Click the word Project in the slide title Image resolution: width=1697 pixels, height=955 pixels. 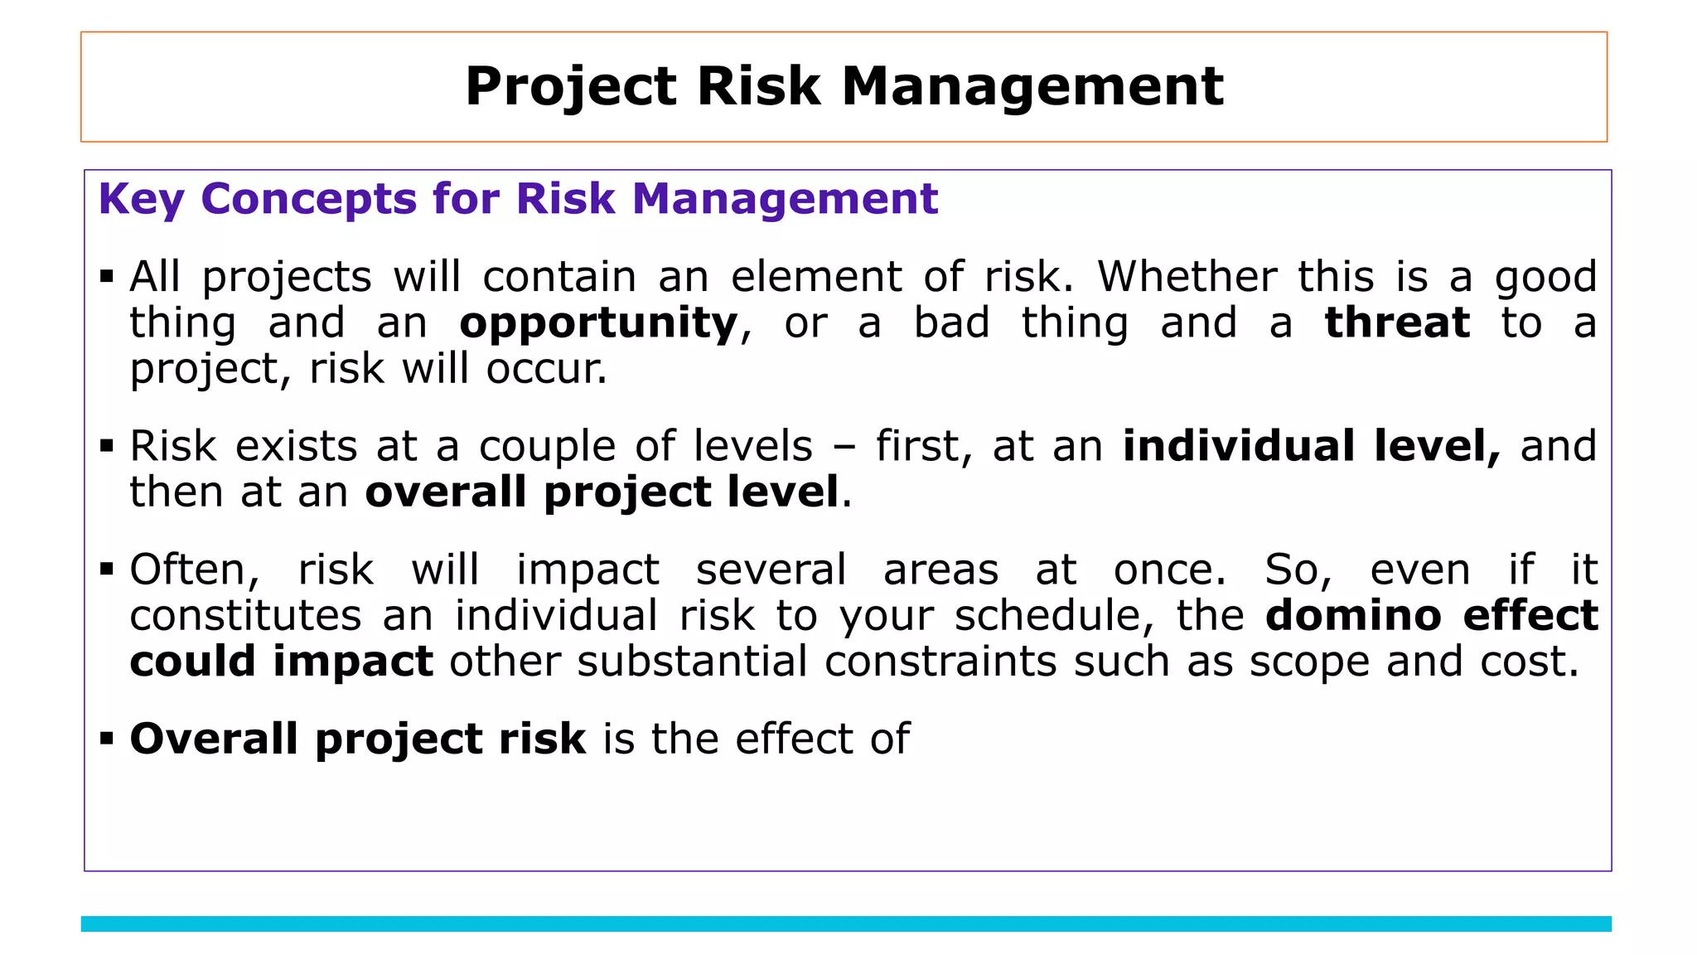[572, 87]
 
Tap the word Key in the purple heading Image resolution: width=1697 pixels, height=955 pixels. [140, 200]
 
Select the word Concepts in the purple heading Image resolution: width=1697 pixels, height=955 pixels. [308, 200]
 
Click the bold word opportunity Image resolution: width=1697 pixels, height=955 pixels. [598, 323]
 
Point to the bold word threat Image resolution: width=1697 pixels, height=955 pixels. [1397, 323]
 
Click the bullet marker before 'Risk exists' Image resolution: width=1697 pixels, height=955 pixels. [106, 446]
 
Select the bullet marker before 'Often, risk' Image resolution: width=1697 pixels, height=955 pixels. [106, 570]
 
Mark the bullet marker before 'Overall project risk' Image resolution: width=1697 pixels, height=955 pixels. [106, 738]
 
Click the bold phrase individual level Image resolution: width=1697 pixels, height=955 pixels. [1311, 446]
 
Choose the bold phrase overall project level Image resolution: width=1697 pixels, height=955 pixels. [602, 492]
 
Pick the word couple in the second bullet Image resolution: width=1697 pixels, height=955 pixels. [547, 446]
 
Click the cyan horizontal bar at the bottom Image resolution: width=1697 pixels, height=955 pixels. [845, 923]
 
